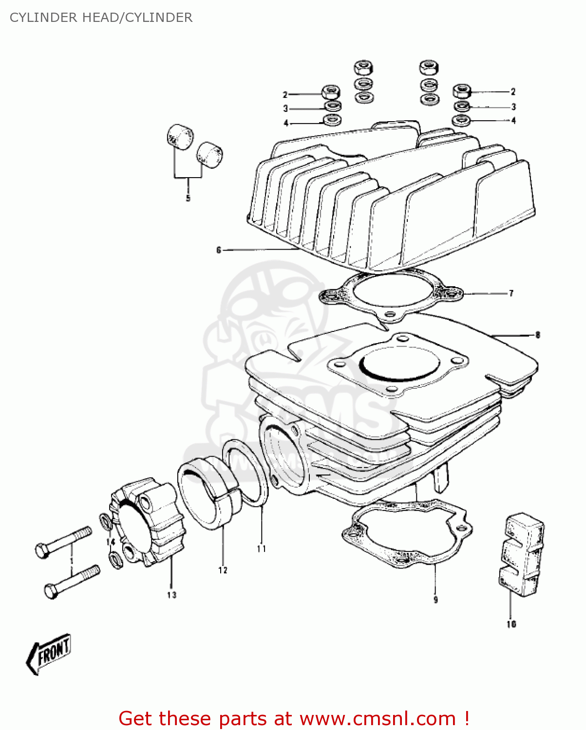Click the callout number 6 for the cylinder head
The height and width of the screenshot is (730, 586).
(x=219, y=250)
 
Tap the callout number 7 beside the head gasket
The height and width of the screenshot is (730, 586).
(x=511, y=293)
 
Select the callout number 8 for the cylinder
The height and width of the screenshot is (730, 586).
(x=537, y=335)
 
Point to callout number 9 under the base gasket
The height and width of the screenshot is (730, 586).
(x=435, y=600)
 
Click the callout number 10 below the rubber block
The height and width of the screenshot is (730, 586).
(x=511, y=624)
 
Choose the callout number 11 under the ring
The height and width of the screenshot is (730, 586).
(x=262, y=548)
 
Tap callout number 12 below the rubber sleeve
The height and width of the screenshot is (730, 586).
(x=223, y=570)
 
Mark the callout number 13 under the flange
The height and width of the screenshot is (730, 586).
(x=171, y=595)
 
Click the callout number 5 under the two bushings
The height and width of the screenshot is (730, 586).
(x=188, y=198)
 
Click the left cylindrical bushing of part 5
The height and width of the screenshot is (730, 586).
(x=179, y=135)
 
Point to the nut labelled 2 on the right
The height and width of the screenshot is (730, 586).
(x=462, y=91)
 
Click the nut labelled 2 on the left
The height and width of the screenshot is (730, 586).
(x=331, y=91)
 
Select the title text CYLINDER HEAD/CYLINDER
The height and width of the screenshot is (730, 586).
(x=101, y=18)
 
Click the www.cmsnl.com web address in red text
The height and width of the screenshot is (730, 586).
(x=377, y=718)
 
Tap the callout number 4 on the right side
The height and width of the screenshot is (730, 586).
(x=513, y=121)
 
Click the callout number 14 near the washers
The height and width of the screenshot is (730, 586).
(x=111, y=542)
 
